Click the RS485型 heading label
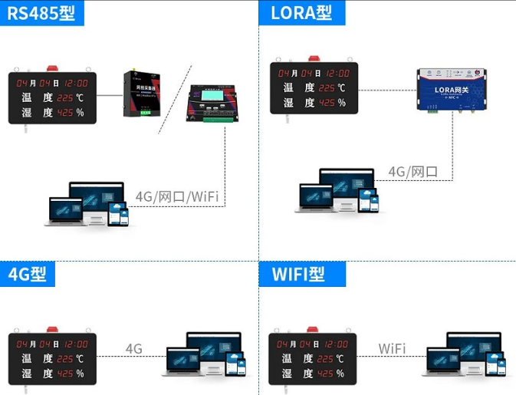click(42, 13)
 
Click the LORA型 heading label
click(302, 13)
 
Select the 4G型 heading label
click(28, 273)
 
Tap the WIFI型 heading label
click(297, 274)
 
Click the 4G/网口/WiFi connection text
click(177, 197)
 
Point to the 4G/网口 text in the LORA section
click(412, 171)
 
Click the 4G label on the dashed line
click(134, 349)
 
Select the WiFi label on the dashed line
click(392, 349)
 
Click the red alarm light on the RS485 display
click(53, 69)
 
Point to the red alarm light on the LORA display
click(314, 58)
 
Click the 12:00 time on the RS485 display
click(75, 83)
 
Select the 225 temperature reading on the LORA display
click(327, 88)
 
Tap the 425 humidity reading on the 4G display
click(66, 374)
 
